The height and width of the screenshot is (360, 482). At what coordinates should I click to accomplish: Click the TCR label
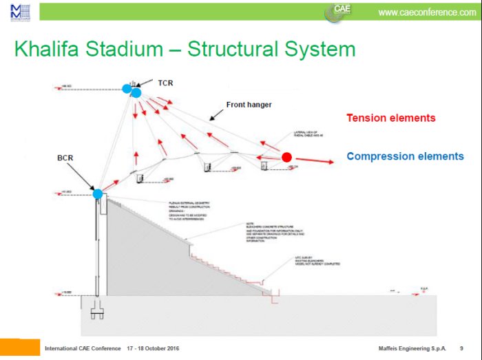point(165,83)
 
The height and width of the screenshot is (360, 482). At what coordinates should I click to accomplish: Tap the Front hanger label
point(249,105)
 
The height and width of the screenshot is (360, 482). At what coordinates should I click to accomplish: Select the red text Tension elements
point(390,118)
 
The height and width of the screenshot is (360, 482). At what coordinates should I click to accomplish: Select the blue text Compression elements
point(405,156)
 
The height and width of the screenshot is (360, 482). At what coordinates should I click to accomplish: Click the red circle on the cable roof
point(286,158)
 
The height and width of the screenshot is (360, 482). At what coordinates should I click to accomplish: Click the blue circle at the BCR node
point(98,194)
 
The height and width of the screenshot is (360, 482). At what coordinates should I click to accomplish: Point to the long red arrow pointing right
point(314,161)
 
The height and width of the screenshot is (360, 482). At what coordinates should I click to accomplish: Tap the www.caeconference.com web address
point(427,12)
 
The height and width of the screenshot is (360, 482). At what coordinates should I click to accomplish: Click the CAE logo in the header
point(342,10)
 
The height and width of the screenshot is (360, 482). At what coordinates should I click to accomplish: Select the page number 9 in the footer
point(461,349)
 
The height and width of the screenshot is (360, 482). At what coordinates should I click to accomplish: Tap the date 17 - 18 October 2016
point(153,349)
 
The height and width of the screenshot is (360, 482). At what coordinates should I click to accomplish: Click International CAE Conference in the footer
point(83,349)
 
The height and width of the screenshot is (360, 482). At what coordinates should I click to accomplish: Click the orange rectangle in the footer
point(20,347)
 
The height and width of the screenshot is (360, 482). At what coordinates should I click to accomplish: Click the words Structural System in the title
point(271,50)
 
